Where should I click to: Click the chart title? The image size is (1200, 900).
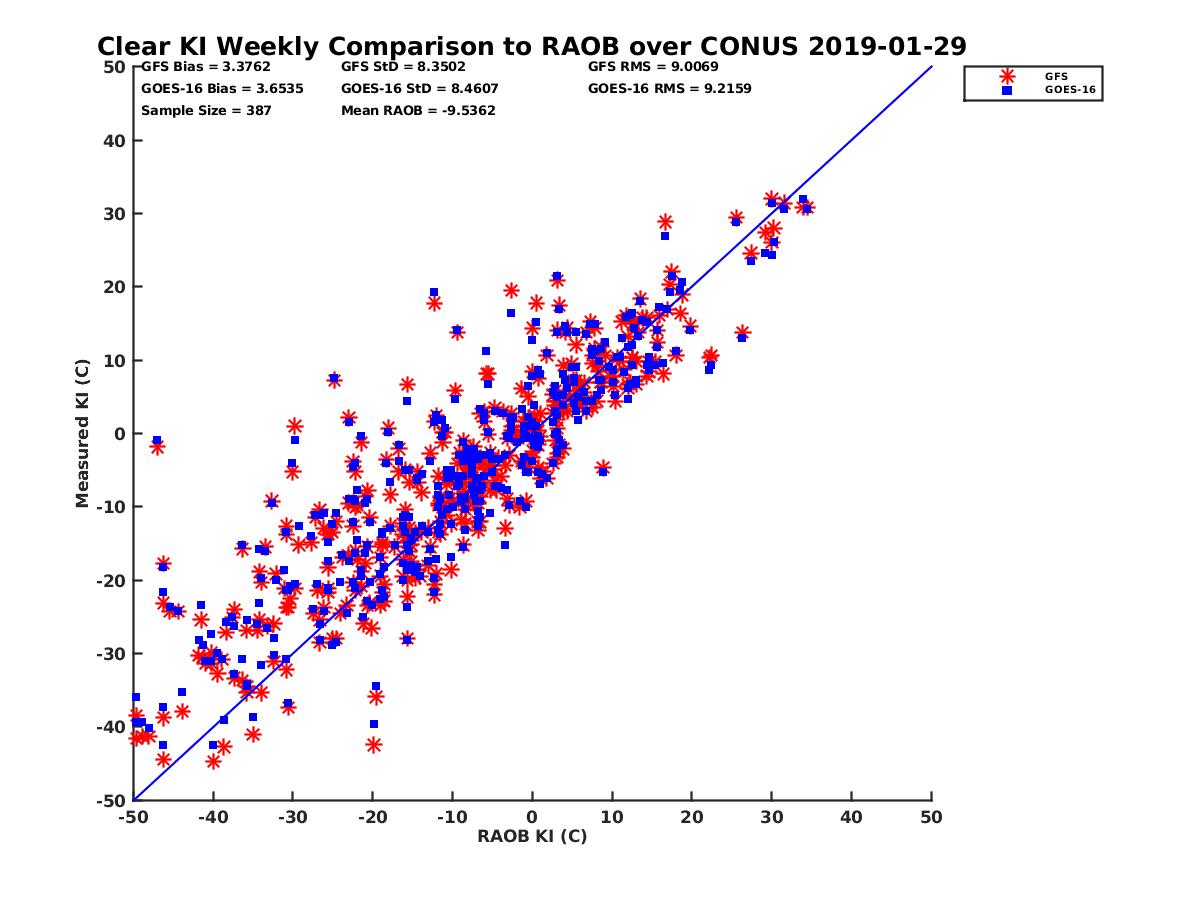[x=531, y=46]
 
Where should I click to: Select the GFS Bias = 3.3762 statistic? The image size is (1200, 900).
[x=205, y=67]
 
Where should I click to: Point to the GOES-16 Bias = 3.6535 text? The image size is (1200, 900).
[x=222, y=88]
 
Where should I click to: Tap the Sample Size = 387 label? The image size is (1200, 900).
[x=206, y=110]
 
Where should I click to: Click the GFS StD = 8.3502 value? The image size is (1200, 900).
[x=405, y=67]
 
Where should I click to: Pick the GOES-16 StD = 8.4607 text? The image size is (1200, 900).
[x=419, y=88]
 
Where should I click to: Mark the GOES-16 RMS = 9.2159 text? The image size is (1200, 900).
[x=669, y=88]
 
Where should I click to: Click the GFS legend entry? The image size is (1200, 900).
[x=1056, y=76]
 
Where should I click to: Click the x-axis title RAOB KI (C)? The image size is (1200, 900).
[x=532, y=836]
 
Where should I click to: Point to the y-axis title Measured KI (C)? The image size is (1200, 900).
[x=83, y=433]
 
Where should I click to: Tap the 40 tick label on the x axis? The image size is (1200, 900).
[x=852, y=817]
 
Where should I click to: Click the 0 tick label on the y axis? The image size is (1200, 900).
[x=119, y=434]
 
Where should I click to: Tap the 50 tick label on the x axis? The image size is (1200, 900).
[x=931, y=817]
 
